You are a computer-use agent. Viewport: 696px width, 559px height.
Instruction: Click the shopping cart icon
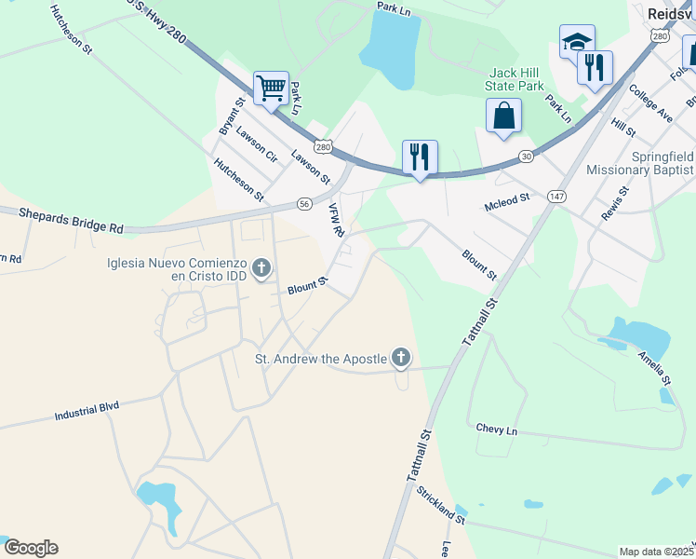271,89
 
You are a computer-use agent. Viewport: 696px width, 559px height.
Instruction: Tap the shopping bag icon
503,116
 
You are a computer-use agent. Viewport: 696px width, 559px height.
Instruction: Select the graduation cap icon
577,42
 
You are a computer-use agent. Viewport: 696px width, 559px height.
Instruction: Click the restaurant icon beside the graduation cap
595,68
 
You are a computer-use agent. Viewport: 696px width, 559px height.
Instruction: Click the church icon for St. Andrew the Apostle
401,357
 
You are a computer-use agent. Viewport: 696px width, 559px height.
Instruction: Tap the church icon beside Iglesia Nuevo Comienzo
261,270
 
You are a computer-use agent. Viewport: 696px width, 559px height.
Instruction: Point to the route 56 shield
304,203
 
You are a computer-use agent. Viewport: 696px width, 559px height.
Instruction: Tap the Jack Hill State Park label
515,79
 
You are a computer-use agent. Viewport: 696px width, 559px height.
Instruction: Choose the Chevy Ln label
496,429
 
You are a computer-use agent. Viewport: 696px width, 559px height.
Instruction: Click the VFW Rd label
337,220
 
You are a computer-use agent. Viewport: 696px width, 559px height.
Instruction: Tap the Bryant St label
232,116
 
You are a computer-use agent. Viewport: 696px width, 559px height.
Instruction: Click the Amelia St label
653,367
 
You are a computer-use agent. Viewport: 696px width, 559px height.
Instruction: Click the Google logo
31,548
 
